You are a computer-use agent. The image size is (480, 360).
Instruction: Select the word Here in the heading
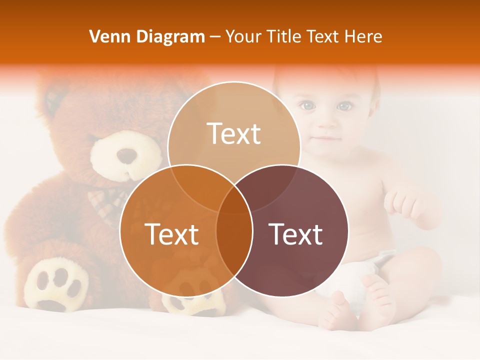tap(364, 36)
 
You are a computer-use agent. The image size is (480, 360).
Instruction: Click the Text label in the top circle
tap(234, 133)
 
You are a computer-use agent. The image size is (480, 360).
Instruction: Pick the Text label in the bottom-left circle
tap(171, 234)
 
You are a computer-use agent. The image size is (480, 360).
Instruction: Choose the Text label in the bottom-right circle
tap(295, 234)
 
